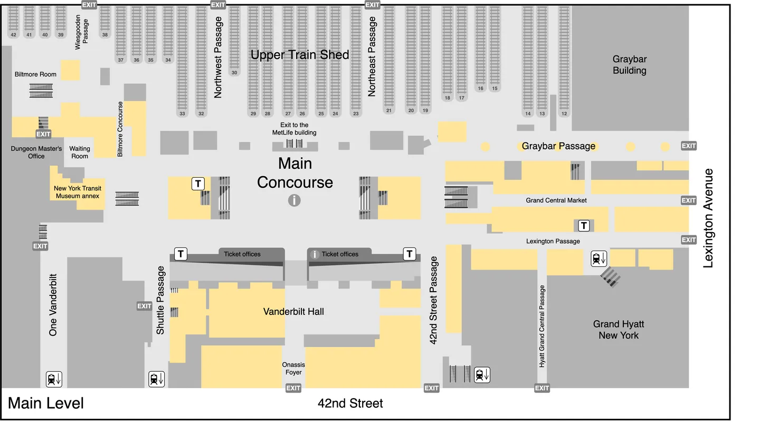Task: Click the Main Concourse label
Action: (x=295, y=173)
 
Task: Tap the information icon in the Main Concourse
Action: (x=294, y=200)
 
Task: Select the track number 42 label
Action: (x=14, y=35)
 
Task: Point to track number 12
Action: (x=564, y=113)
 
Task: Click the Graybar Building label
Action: (x=629, y=65)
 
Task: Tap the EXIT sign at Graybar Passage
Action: (x=688, y=146)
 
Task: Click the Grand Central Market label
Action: (x=556, y=200)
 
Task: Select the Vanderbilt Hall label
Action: (x=293, y=312)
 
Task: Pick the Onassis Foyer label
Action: (x=293, y=368)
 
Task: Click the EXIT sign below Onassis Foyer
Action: (x=293, y=388)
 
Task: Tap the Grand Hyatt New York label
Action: (x=618, y=330)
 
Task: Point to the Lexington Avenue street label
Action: (x=708, y=218)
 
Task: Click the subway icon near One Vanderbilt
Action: (x=54, y=379)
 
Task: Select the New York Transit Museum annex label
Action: (x=77, y=192)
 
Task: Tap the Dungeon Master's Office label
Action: (x=36, y=152)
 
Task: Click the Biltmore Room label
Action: (x=35, y=74)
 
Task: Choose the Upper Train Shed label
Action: (x=299, y=55)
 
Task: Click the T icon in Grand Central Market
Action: (x=584, y=226)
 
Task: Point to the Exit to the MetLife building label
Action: (x=294, y=129)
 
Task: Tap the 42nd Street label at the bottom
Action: (x=350, y=404)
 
